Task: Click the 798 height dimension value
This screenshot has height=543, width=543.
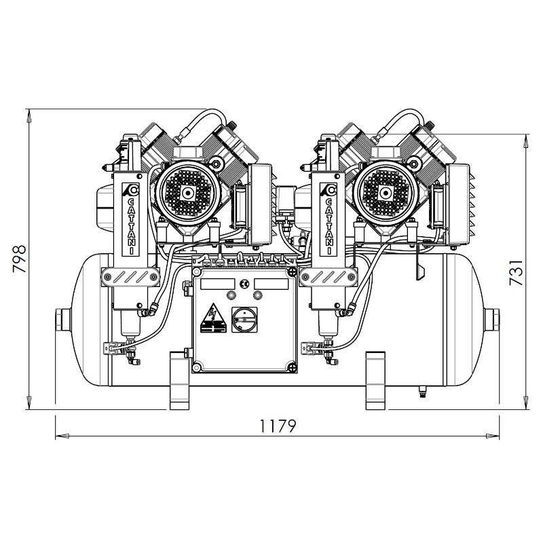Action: tap(20, 259)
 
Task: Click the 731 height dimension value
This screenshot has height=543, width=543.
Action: tap(516, 273)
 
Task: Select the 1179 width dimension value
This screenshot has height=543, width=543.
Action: tap(278, 426)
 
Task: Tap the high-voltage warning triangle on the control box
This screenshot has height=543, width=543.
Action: tap(213, 318)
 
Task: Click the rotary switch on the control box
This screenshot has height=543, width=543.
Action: tap(244, 319)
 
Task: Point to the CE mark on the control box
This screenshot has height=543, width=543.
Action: tap(244, 284)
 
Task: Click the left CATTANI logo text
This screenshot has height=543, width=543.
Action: tap(132, 225)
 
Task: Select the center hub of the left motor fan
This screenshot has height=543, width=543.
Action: tap(188, 193)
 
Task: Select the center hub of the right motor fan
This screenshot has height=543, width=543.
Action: tap(385, 193)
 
